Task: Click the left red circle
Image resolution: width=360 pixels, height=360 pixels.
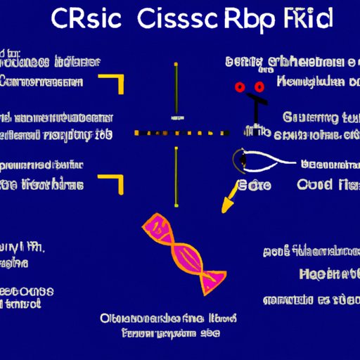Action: click(x=241, y=88)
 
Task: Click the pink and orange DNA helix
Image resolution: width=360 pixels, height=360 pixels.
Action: click(x=184, y=254)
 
